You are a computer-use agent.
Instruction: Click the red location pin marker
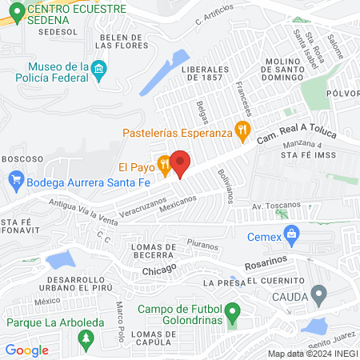(x=180, y=162)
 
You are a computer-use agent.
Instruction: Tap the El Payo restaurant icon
(x=164, y=167)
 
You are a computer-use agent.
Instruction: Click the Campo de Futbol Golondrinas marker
(x=232, y=310)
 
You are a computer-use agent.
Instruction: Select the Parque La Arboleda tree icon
(x=85, y=340)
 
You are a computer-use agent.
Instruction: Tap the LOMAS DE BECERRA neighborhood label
(x=157, y=252)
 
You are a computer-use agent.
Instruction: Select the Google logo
(x=27, y=350)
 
